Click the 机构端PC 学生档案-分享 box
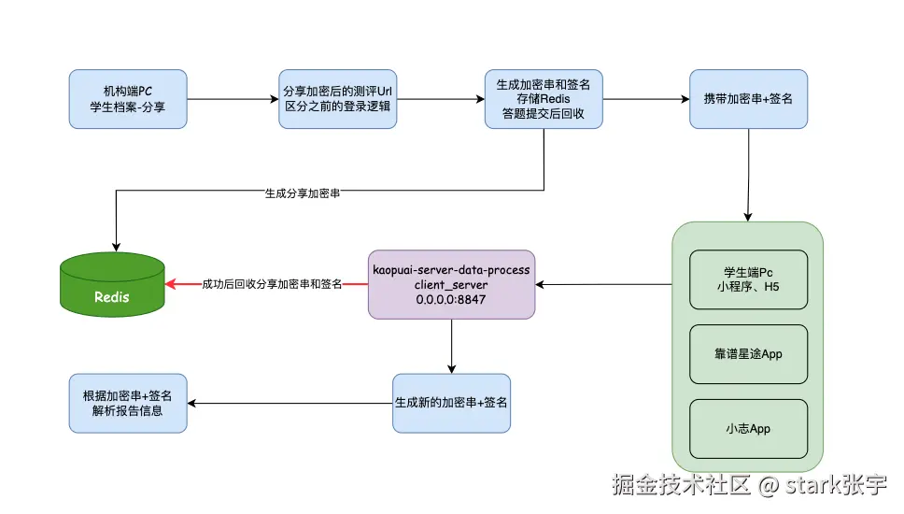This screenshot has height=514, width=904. click(128, 99)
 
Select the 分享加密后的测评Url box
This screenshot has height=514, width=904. click(337, 99)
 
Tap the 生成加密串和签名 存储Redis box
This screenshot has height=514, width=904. click(544, 99)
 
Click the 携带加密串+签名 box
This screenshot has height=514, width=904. click(748, 99)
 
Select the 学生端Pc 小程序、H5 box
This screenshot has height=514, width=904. click(747, 278)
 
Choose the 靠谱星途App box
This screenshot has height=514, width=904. click(747, 354)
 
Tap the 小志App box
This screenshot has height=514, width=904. click(747, 429)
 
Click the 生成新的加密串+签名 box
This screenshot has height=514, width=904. click(451, 403)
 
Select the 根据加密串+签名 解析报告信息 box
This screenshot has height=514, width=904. click(128, 403)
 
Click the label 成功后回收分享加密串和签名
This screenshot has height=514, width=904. click(272, 284)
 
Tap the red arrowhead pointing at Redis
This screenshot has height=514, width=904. click(171, 284)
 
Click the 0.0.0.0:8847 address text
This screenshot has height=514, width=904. click(451, 299)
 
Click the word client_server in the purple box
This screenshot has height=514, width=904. click(451, 284)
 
